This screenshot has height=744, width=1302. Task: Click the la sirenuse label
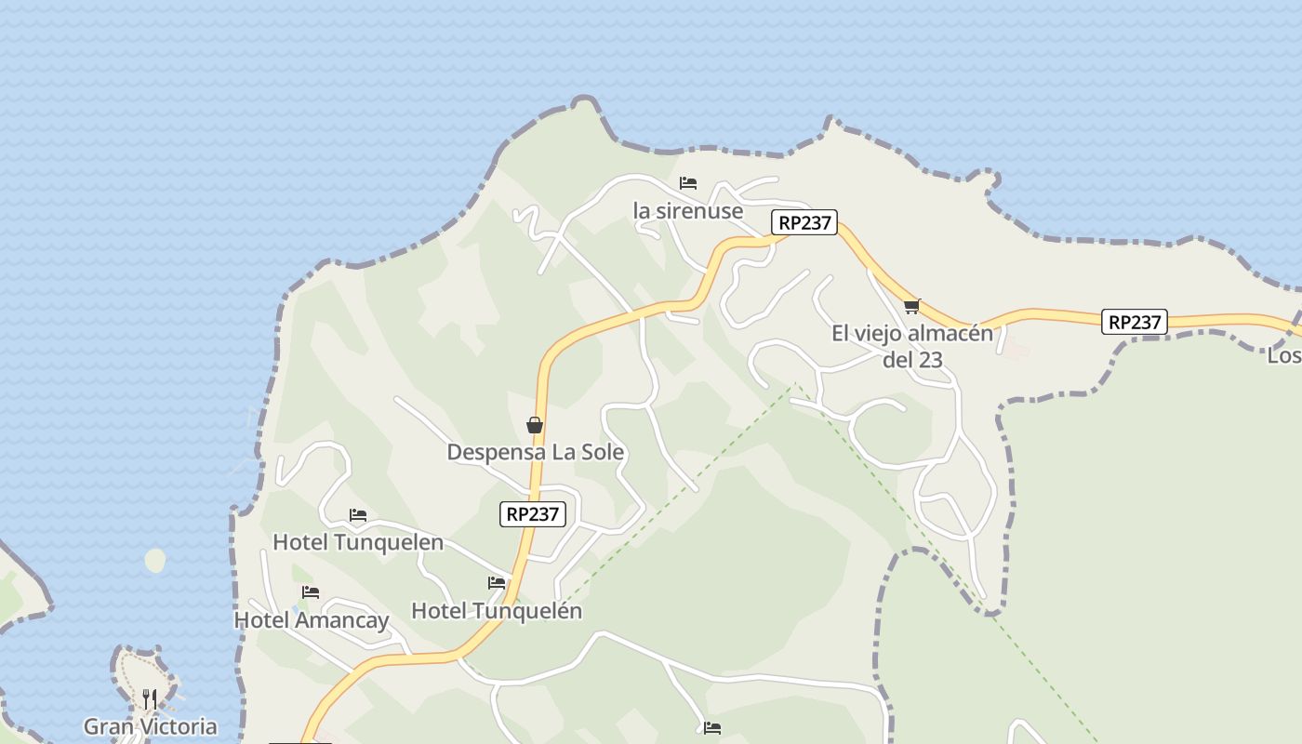pyautogui.click(x=688, y=211)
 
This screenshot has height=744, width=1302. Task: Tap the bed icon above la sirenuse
pyautogui.click(x=688, y=183)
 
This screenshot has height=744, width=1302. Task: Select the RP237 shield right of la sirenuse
pyautogui.click(x=804, y=223)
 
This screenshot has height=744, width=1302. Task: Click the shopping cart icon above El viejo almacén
pyautogui.click(x=911, y=306)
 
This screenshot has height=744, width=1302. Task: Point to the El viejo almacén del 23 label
pyautogui.click(x=912, y=346)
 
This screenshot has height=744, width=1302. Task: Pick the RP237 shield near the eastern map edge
pyautogui.click(x=1135, y=322)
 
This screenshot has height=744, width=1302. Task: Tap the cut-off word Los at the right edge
pyautogui.click(x=1284, y=355)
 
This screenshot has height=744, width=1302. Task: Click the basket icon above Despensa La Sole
pyautogui.click(x=535, y=425)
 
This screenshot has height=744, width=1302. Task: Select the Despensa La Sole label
pyautogui.click(x=536, y=453)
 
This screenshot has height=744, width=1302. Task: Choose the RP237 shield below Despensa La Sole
pyautogui.click(x=533, y=514)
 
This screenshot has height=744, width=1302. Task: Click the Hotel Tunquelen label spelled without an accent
pyautogui.click(x=358, y=542)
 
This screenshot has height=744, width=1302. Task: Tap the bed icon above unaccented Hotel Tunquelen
pyautogui.click(x=358, y=515)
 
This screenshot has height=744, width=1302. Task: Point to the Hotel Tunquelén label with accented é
pyautogui.click(x=497, y=611)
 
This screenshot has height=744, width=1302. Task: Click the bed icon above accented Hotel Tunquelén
pyautogui.click(x=497, y=583)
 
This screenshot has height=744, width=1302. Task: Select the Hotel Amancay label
pyautogui.click(x=312, y=620)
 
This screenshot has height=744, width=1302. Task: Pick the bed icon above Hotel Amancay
pyautogui.click(x=311, y=592)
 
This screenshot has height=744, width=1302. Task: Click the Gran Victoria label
pyautogui.click(x=151, y=726)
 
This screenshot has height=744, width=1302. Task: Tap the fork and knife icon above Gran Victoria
pyautogui.click(x=150, y=698)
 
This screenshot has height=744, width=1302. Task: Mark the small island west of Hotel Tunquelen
pyautogui.click(x=155, y=561)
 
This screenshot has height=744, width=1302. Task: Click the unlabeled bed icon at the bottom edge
pyautogui.click(x=712, y=728)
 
